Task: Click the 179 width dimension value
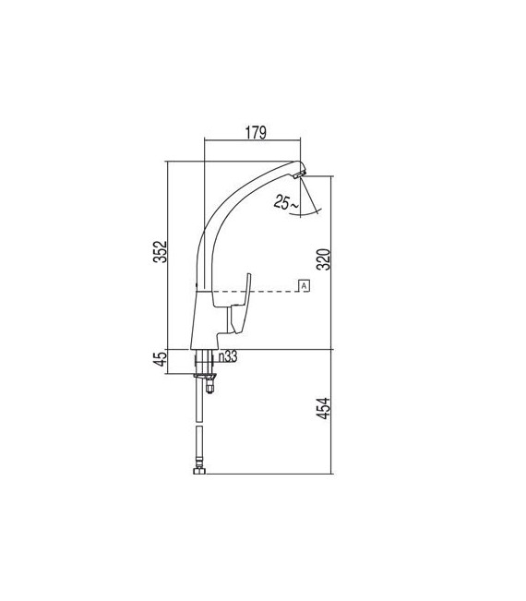tap(256, 133)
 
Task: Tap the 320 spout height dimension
tap(323, 261)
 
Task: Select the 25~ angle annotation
tap(285, 204)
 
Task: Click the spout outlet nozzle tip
tap(301, 173)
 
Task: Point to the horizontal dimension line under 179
tap(254, 142)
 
